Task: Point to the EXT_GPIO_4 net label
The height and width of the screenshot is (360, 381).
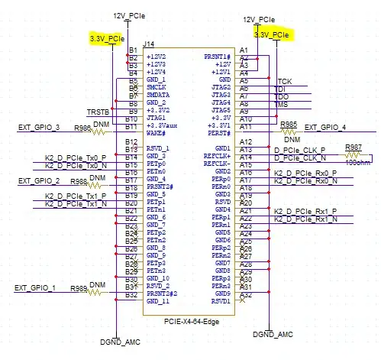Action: click(324, 127)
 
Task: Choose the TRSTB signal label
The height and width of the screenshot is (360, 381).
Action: click(98, 112)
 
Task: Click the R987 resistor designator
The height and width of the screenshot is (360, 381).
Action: click(353, 147)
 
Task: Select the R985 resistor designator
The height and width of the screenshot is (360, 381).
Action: click(289, 123)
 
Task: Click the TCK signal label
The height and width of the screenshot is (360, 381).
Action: click(284, 80)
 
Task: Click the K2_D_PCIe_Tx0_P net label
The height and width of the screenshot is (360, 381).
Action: click(71, 158)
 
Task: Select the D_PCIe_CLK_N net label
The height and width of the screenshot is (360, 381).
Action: click(299, 157)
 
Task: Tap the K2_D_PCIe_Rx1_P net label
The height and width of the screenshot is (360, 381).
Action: click(305, 211)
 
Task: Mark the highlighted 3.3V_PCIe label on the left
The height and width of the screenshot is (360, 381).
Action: click(106, 37)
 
